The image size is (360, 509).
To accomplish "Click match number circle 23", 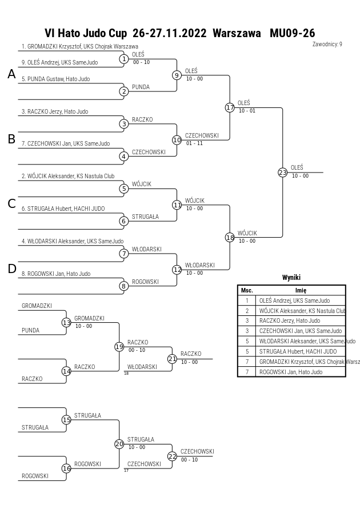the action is point(283,173).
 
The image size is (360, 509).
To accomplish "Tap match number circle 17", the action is point(230,107).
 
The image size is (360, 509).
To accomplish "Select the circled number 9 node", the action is point(177,75).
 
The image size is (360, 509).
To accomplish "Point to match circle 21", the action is point(172,359).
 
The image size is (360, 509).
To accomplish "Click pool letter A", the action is point(11,74).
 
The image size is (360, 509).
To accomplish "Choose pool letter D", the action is point(11,269).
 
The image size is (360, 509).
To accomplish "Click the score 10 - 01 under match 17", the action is point(247,111).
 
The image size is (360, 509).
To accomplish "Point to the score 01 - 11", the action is point(194,143).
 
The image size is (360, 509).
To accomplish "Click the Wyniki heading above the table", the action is point(291,278).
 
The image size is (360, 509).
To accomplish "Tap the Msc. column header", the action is point(247,290).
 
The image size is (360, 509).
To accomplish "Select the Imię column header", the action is point(301,290).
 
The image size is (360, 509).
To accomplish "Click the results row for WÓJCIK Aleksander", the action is point(291,311).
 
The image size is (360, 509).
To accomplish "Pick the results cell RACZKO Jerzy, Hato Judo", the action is point(290,320).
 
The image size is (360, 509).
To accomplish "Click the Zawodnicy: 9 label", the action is point(327,44).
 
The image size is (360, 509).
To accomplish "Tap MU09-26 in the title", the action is point(292,33).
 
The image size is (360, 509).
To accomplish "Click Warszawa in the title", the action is point(237,33).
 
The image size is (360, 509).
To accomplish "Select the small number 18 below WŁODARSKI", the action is point(126,373).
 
